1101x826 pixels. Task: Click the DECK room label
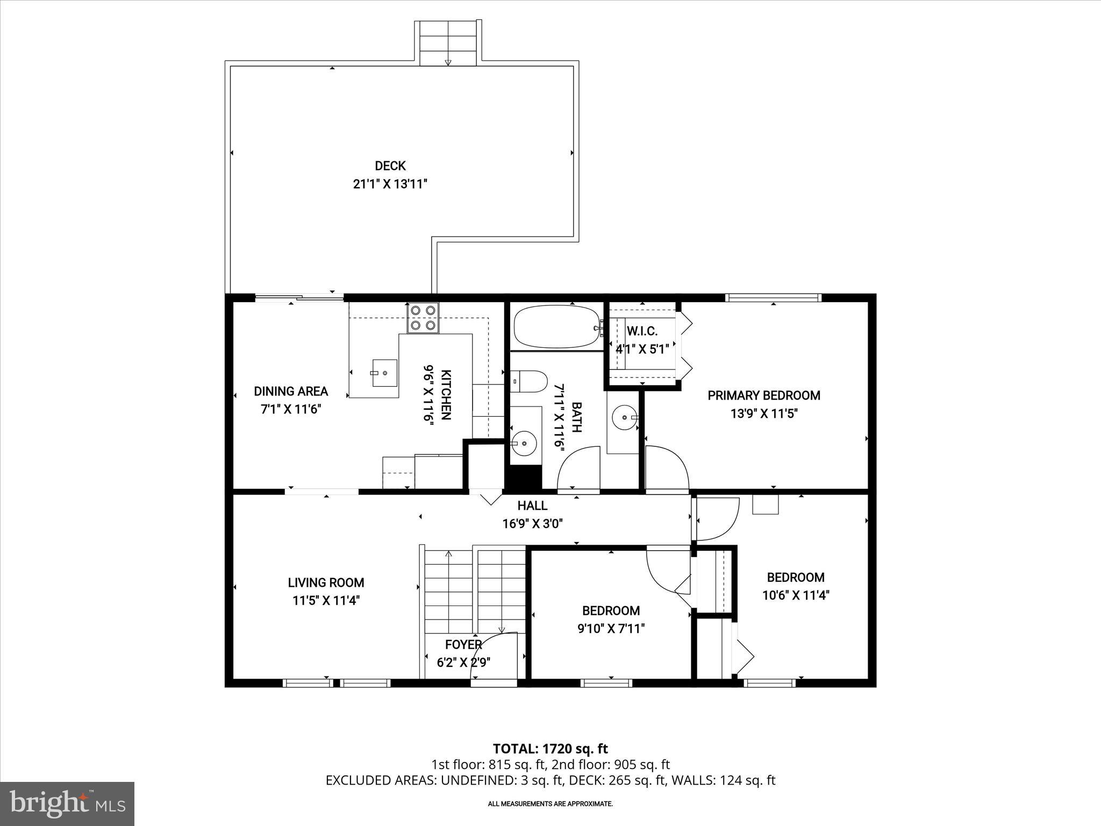(x=390, y=166)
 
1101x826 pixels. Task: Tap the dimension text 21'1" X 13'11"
(x=390, y=184)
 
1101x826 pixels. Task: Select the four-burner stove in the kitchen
(x=423, y=318)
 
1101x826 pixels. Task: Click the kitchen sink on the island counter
(x=384, y=372)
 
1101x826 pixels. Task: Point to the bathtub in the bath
(x=556, y=326)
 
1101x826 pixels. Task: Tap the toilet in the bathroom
(x=528, y=381)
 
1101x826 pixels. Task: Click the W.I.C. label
(x=642, y=331)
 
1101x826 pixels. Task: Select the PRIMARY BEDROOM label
(x=763, y=396)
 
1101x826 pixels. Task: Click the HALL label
(x=532, y=505)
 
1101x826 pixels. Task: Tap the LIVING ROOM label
(x=326, y=582)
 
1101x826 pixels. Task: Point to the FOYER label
(x=463, y=644)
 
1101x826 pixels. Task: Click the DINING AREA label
(x=291, y=391)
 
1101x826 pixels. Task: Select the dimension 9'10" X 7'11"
(x=611, y=629)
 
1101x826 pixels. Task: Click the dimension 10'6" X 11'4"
(x=796, y=595)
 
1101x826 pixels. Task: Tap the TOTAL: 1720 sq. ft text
(x=550, y=749)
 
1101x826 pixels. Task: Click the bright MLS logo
(x=67, y=803)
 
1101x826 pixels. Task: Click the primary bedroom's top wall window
(x=773, y=297)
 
